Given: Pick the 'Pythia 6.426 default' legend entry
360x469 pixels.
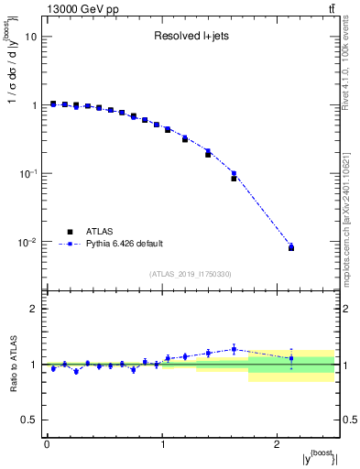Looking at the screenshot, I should [124, 244].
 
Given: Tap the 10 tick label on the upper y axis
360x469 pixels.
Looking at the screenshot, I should [30, 38].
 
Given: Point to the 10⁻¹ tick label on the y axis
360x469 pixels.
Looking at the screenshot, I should [27, 173].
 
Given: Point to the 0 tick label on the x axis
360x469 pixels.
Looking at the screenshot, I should [47, 443].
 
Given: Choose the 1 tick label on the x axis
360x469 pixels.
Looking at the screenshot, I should [162, 443].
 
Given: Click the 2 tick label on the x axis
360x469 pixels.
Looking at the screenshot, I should [278, 443].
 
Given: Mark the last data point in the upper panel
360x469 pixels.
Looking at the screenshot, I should [291, 247].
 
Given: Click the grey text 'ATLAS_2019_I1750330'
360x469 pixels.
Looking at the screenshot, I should [191, 274].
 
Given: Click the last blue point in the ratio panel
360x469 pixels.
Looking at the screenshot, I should [291, 358].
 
